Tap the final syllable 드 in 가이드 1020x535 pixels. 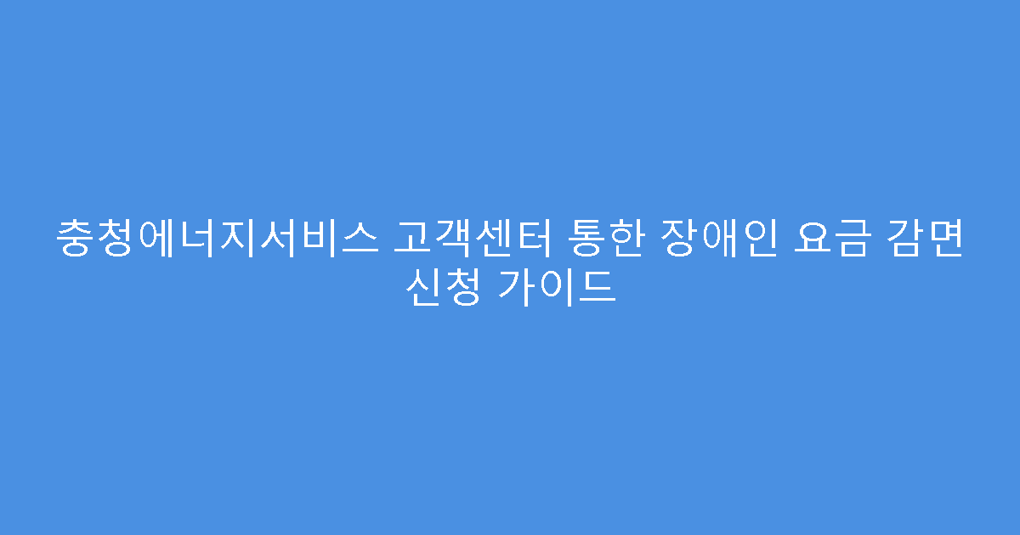tap(596, 288)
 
